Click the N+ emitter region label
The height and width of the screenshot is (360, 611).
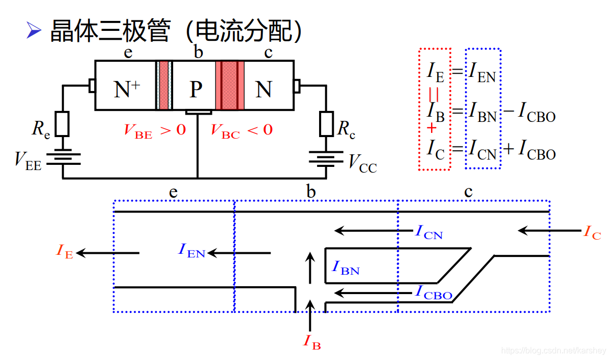click(126, 89)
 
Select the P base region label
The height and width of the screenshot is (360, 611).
click(196, 89)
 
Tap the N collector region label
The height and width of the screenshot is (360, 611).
click(263, 89)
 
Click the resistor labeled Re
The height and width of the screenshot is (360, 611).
click(63, 124)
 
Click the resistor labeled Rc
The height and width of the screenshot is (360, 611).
click(327, 124)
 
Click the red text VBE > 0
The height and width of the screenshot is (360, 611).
click(155, 130)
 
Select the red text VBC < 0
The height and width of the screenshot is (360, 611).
click(241, 130)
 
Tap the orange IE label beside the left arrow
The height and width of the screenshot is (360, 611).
click(64, 251)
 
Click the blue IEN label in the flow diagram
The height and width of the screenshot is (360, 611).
click(191, 251)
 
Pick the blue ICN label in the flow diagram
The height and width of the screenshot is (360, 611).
click(429, 232)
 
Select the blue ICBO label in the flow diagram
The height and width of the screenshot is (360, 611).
click(434, 292)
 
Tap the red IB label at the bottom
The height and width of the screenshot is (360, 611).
click(312, 342)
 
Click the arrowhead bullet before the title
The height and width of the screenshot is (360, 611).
click(34, 31)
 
